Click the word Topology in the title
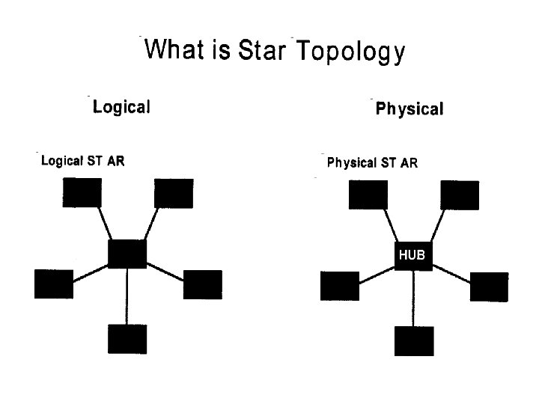(351, 52)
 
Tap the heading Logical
(121, 107)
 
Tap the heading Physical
(409, 109)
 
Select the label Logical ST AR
(82, 161)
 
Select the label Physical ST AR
(372, 163)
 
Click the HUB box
(412, 256)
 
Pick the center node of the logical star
(127, 254)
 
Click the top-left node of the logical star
(82, 192)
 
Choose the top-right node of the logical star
(173, 193)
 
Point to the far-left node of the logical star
(54, 284)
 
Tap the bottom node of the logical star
(127, 339)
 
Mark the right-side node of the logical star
(202, 284)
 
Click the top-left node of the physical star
(368, 195)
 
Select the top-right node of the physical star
(460, 195)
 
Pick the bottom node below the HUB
(413, 341)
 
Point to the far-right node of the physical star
(489, 287)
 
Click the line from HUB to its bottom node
(412, 299)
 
